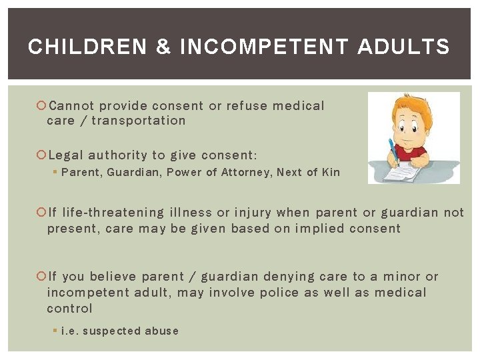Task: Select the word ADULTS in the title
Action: click(403, 47)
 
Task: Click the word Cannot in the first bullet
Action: click(72, 105)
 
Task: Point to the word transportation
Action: click(139, 121)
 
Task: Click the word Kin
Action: click(331, 173)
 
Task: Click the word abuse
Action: click(163, 331)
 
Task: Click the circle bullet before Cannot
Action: click(41, 105)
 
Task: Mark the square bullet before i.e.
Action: click(55, 331)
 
